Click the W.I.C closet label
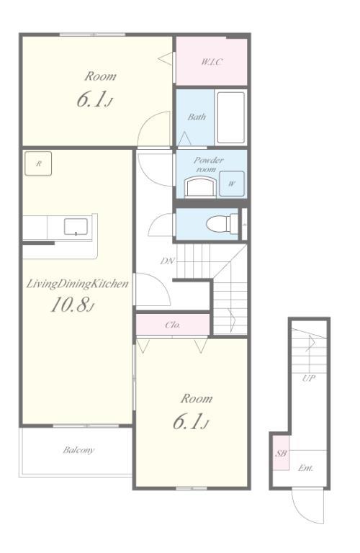[x=212, y=62]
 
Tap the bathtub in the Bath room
[x=230, y=117]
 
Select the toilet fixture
[x=222, y=224]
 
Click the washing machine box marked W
[x=232, y=184]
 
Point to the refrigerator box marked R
[x=38, y=163]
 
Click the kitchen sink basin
[x=76, y=226]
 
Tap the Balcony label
[x=78, y=450]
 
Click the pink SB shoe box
[x=282, y=453]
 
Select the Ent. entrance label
[x=305, y=468]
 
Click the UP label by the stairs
[x=309, y=379]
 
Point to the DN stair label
[x=168, y=261]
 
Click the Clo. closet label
[x=173, y=325]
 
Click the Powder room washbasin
[x=199, y=187]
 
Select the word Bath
[x=197, y=117]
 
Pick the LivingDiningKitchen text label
[x=77, y=284]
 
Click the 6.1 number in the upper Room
[x=91, y=100]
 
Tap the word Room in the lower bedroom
[x=197, y=399]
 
